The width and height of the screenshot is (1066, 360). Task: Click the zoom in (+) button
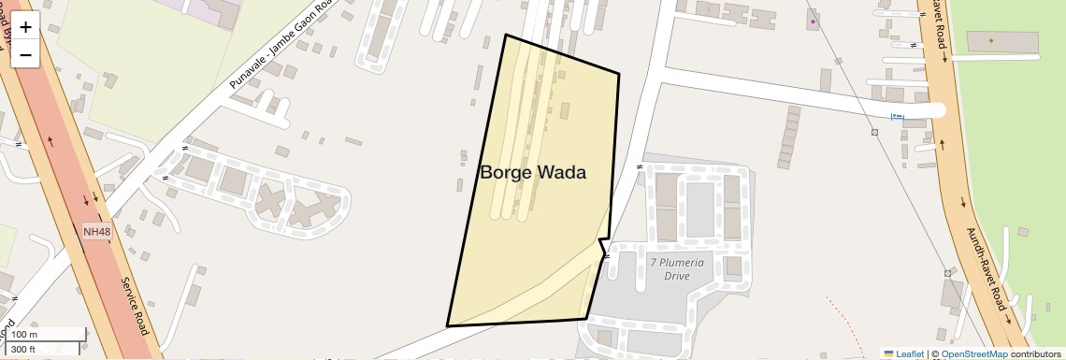click(x=25, y=28)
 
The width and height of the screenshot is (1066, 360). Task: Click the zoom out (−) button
click(x=25, y=54)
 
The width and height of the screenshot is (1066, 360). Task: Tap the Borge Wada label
click(x=533, y=173)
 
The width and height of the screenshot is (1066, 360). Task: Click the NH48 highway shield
click(x=94, y=231)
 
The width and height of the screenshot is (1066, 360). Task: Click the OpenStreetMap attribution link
click(x=974, y=353)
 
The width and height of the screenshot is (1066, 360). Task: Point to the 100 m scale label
click(x=24, y=335)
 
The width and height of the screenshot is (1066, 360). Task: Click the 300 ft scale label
click(x=24, y=350)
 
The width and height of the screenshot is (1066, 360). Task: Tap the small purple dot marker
click(x=814, y=22)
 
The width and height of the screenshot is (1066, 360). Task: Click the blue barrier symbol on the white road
click(x=898, y=116)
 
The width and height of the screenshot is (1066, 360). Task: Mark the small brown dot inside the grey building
click(x=993, y=41)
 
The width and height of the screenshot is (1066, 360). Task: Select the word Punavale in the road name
click(x=246, y=75)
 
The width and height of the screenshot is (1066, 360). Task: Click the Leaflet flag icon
click(x=888, y=353)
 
